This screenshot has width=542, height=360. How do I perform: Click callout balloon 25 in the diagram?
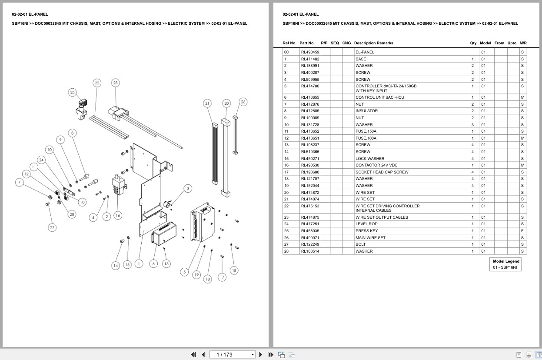72,93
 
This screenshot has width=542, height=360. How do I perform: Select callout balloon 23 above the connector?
116,83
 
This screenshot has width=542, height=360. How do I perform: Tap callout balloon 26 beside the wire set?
243,102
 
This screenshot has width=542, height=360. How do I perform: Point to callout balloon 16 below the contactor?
118,215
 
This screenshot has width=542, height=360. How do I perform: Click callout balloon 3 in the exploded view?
188,188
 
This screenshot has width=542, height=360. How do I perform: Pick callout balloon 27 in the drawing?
52,227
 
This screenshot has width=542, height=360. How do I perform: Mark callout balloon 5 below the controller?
184,272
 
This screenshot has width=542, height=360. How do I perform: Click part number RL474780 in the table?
310,86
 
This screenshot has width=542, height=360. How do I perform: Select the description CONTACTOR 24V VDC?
376,165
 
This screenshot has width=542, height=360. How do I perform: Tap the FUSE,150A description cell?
366,131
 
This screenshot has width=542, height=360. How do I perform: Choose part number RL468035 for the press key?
310,231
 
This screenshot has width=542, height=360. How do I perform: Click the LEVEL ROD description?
366,224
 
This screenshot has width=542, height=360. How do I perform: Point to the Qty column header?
473,43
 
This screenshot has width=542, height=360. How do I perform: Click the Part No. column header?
307,43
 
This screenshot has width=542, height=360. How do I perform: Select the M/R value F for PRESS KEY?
522,231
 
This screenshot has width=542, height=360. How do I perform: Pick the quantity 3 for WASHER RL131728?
472,125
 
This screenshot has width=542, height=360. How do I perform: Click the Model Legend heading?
506,261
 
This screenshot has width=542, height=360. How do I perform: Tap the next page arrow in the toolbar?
261,355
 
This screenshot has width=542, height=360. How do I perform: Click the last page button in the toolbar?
271,355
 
